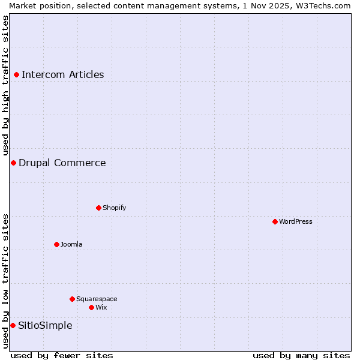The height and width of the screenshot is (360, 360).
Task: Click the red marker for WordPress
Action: click(x=275, y=221)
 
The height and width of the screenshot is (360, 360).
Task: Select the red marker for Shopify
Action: click(x=98, y=208)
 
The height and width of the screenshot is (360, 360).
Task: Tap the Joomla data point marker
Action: click(x=56, y=244)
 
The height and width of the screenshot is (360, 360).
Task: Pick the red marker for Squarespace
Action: click(x=72, y=299)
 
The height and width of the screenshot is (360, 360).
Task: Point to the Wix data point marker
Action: click(x=91, y=307)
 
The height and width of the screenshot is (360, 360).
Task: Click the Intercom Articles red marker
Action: click(x=16, y=75)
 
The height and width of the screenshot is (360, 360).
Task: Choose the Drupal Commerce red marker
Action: click(x=13, y=163)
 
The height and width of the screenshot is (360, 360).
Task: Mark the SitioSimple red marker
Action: click(x=13, y=325)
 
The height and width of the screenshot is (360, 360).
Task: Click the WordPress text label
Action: click(x=295, y=221)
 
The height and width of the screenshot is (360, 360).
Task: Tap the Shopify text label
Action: click(x=114, y=208)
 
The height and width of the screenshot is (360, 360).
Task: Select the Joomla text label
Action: click(x=71, y=244)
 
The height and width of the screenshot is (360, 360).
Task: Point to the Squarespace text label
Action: click(x=97, y=299)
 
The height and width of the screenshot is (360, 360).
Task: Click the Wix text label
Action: click(x=101, y=307)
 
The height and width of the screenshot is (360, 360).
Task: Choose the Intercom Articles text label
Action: click(x=62, y=75)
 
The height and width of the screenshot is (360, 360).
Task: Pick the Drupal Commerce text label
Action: click(x=62, y=163)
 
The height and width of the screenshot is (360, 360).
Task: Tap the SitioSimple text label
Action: click(x=45, y=325)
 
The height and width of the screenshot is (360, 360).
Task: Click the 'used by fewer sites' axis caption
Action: click(x=62, y=355)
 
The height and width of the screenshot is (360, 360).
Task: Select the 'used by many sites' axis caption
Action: click(x=301, y=355)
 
